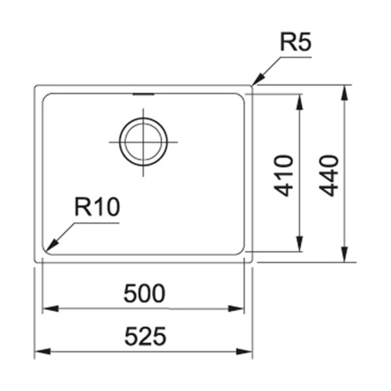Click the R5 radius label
coord(295,44)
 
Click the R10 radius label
coord(96,208)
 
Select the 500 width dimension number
coord(143,294)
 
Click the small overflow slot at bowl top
coord(143,94)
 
